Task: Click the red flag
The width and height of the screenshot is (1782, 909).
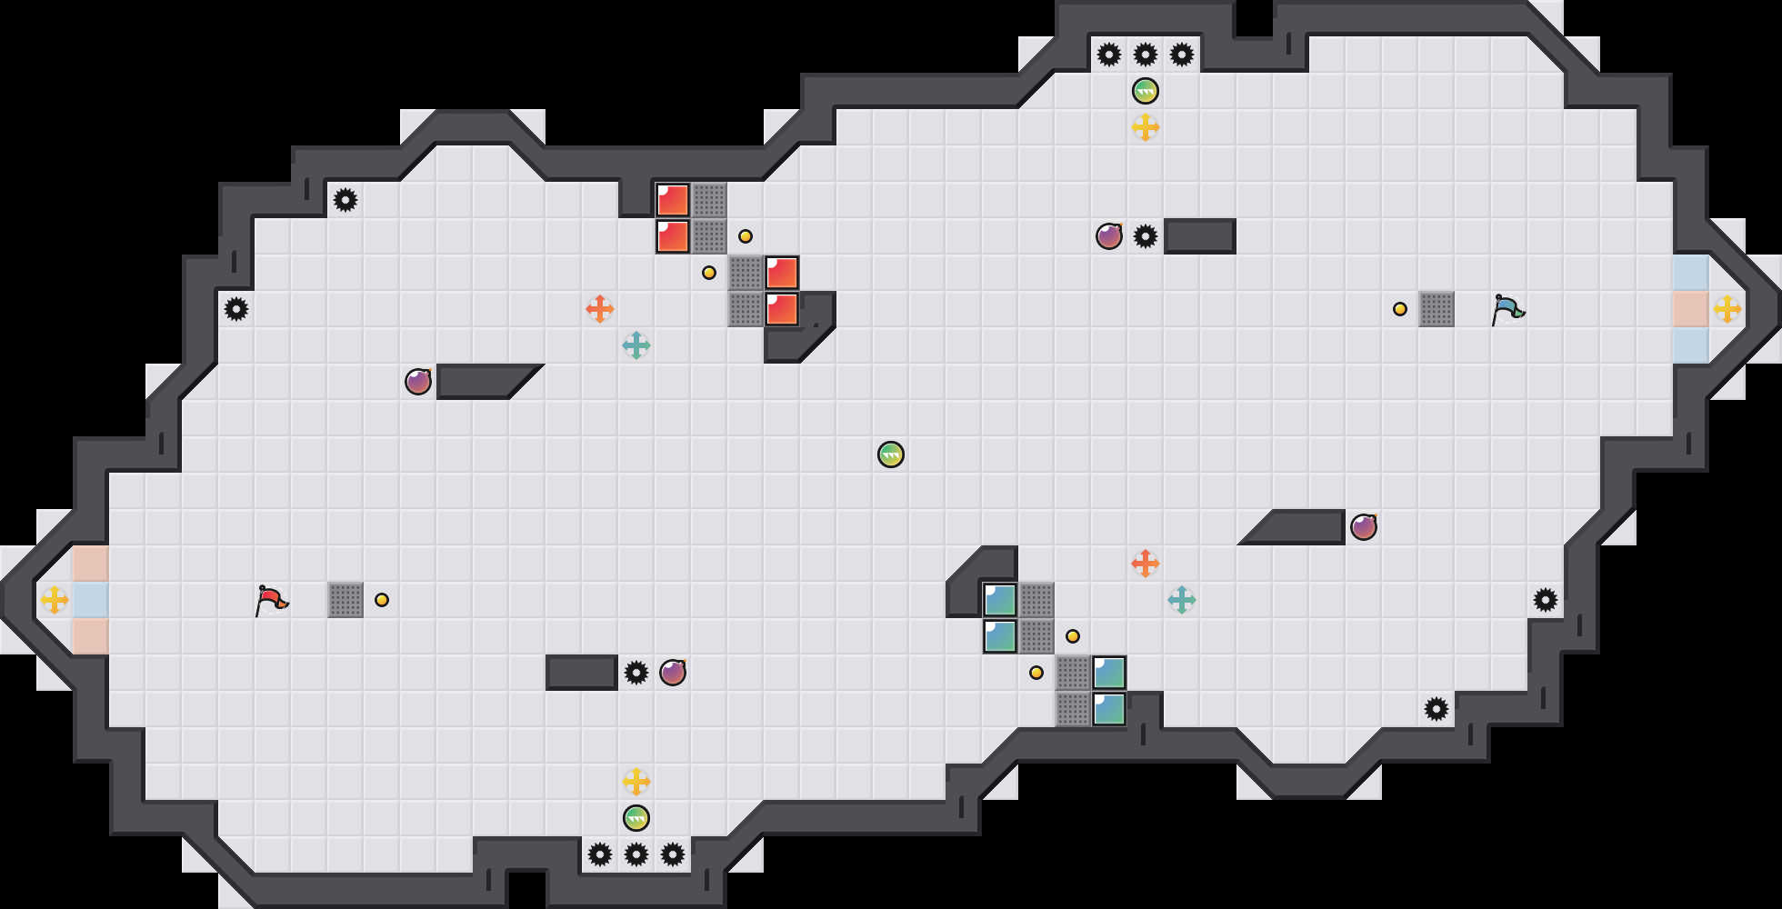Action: pyautogui.click(x=271, y=600)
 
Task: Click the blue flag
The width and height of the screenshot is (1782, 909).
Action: pyautogui.click(x=1507, y=309)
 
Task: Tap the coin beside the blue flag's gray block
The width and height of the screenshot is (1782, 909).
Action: pyautogui.click(x=1400, y=309)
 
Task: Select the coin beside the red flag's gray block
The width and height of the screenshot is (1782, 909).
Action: pyautogui.click(x=382, y=600)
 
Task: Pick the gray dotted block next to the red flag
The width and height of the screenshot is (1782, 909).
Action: pyautogui.click(x=345, y=600)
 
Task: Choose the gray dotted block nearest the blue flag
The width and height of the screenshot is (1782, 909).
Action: pyautogui.click(x=1437, y=309)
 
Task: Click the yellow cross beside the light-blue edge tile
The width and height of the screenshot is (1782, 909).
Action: pyautogui.click(x=55, y=600)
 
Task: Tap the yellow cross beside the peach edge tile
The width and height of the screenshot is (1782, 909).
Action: pyautogui.click(x=1727, y=309)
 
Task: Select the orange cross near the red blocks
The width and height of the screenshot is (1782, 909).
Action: pyautogui.click(x=600, y=309)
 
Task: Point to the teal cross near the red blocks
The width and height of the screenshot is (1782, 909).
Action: pyautogui.click(x=636, y=345)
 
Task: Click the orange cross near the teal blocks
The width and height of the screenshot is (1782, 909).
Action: pyautogui.click(x=1146, y=564)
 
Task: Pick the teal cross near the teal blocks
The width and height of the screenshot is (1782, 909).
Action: pyautogui.click(x=1182, y=600)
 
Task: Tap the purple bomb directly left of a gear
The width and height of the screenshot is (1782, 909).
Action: pyautogui.click(x=1109, y=236)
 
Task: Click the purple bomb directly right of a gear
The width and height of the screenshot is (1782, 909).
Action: pyautogui.click(x=673, y=673)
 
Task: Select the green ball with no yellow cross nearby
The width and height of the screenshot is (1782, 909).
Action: pyautogui.click(x=891, y=454)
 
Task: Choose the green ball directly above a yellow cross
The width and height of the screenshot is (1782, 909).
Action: pyautogui.click(x=1146, y=91)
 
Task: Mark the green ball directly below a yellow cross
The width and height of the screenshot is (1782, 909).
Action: pyautogui.click(x=636, y=818)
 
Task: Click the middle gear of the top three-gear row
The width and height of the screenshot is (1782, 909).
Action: pyautogui.click(x=1146, y=55)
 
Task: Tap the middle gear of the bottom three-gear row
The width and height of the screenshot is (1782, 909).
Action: pyautogui.click(x=636, y=854)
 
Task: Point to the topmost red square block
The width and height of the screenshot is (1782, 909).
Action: pyautogui.click(x=673, y=200)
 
